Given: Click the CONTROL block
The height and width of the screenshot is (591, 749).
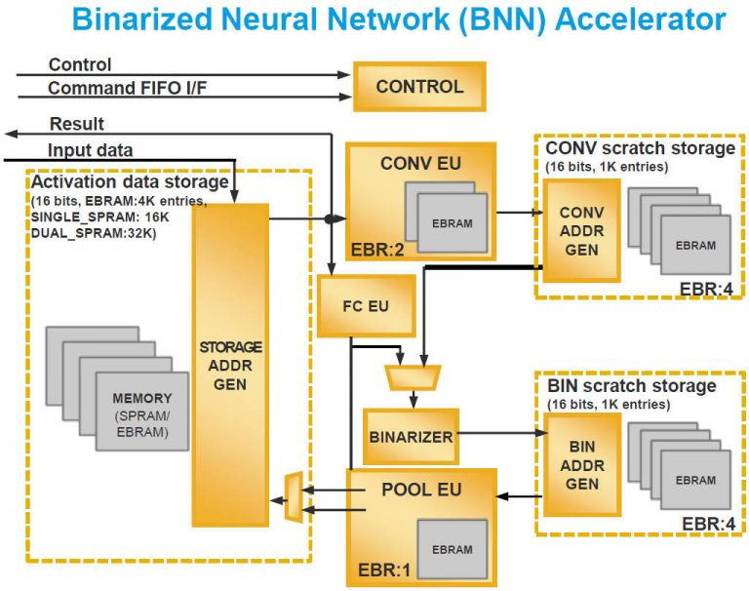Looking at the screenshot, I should coord(419,87).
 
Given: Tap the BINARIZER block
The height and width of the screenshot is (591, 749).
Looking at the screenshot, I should coord(411,436).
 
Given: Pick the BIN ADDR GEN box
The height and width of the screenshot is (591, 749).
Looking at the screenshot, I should coord(582,464).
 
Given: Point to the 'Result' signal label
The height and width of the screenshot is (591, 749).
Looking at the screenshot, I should coord(76,124).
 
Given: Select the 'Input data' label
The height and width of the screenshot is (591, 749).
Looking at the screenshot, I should coord(91,149).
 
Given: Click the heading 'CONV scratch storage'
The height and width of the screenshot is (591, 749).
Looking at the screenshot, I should coord(640,148).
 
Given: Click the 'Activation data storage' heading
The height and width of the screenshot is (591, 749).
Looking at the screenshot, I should coord(130,182).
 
